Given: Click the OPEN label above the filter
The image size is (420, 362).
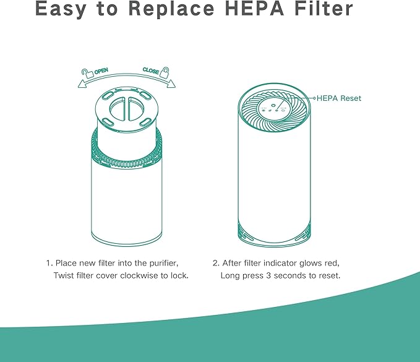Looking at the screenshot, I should [101, 72].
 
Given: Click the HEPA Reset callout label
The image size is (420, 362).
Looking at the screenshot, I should [340, 98].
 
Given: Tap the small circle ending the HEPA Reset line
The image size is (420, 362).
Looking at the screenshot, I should [315, 98].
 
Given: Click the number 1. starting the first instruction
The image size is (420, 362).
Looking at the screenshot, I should [49, 262].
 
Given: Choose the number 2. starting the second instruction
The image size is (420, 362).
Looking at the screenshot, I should [216, 262].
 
